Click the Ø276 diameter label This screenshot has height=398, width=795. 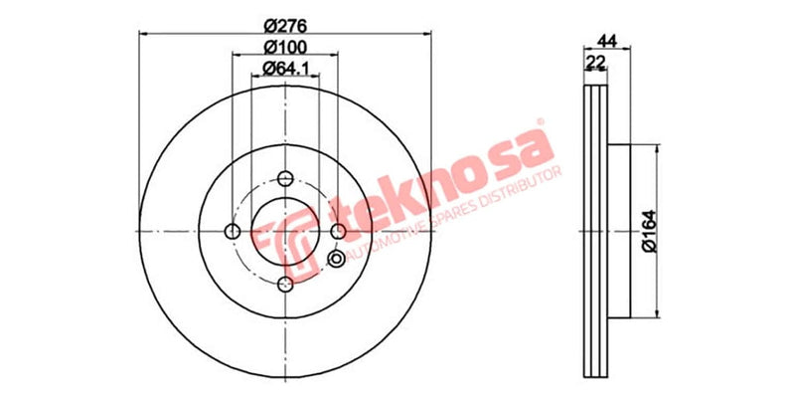pyautogui.click(x=284, y=27)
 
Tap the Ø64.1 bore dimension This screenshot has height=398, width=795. pyautogui.click(x=284, y=69)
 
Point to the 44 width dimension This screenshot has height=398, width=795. pyautogui.click(x=606, y=41)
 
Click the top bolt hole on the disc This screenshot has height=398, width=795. pyautogui.click(x=285, y=179)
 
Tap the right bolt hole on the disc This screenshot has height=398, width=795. pyautogui.click(x=338, y=231)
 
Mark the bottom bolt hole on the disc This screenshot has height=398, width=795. pyautogui.click(x=285, y=284)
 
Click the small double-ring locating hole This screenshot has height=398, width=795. pyautogui.click(x=336, y=260)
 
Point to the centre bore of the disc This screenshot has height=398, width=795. pyautogui.click(x=285, y=231)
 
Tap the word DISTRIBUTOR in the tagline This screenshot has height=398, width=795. pyautogui.click(x=512, y=188)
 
